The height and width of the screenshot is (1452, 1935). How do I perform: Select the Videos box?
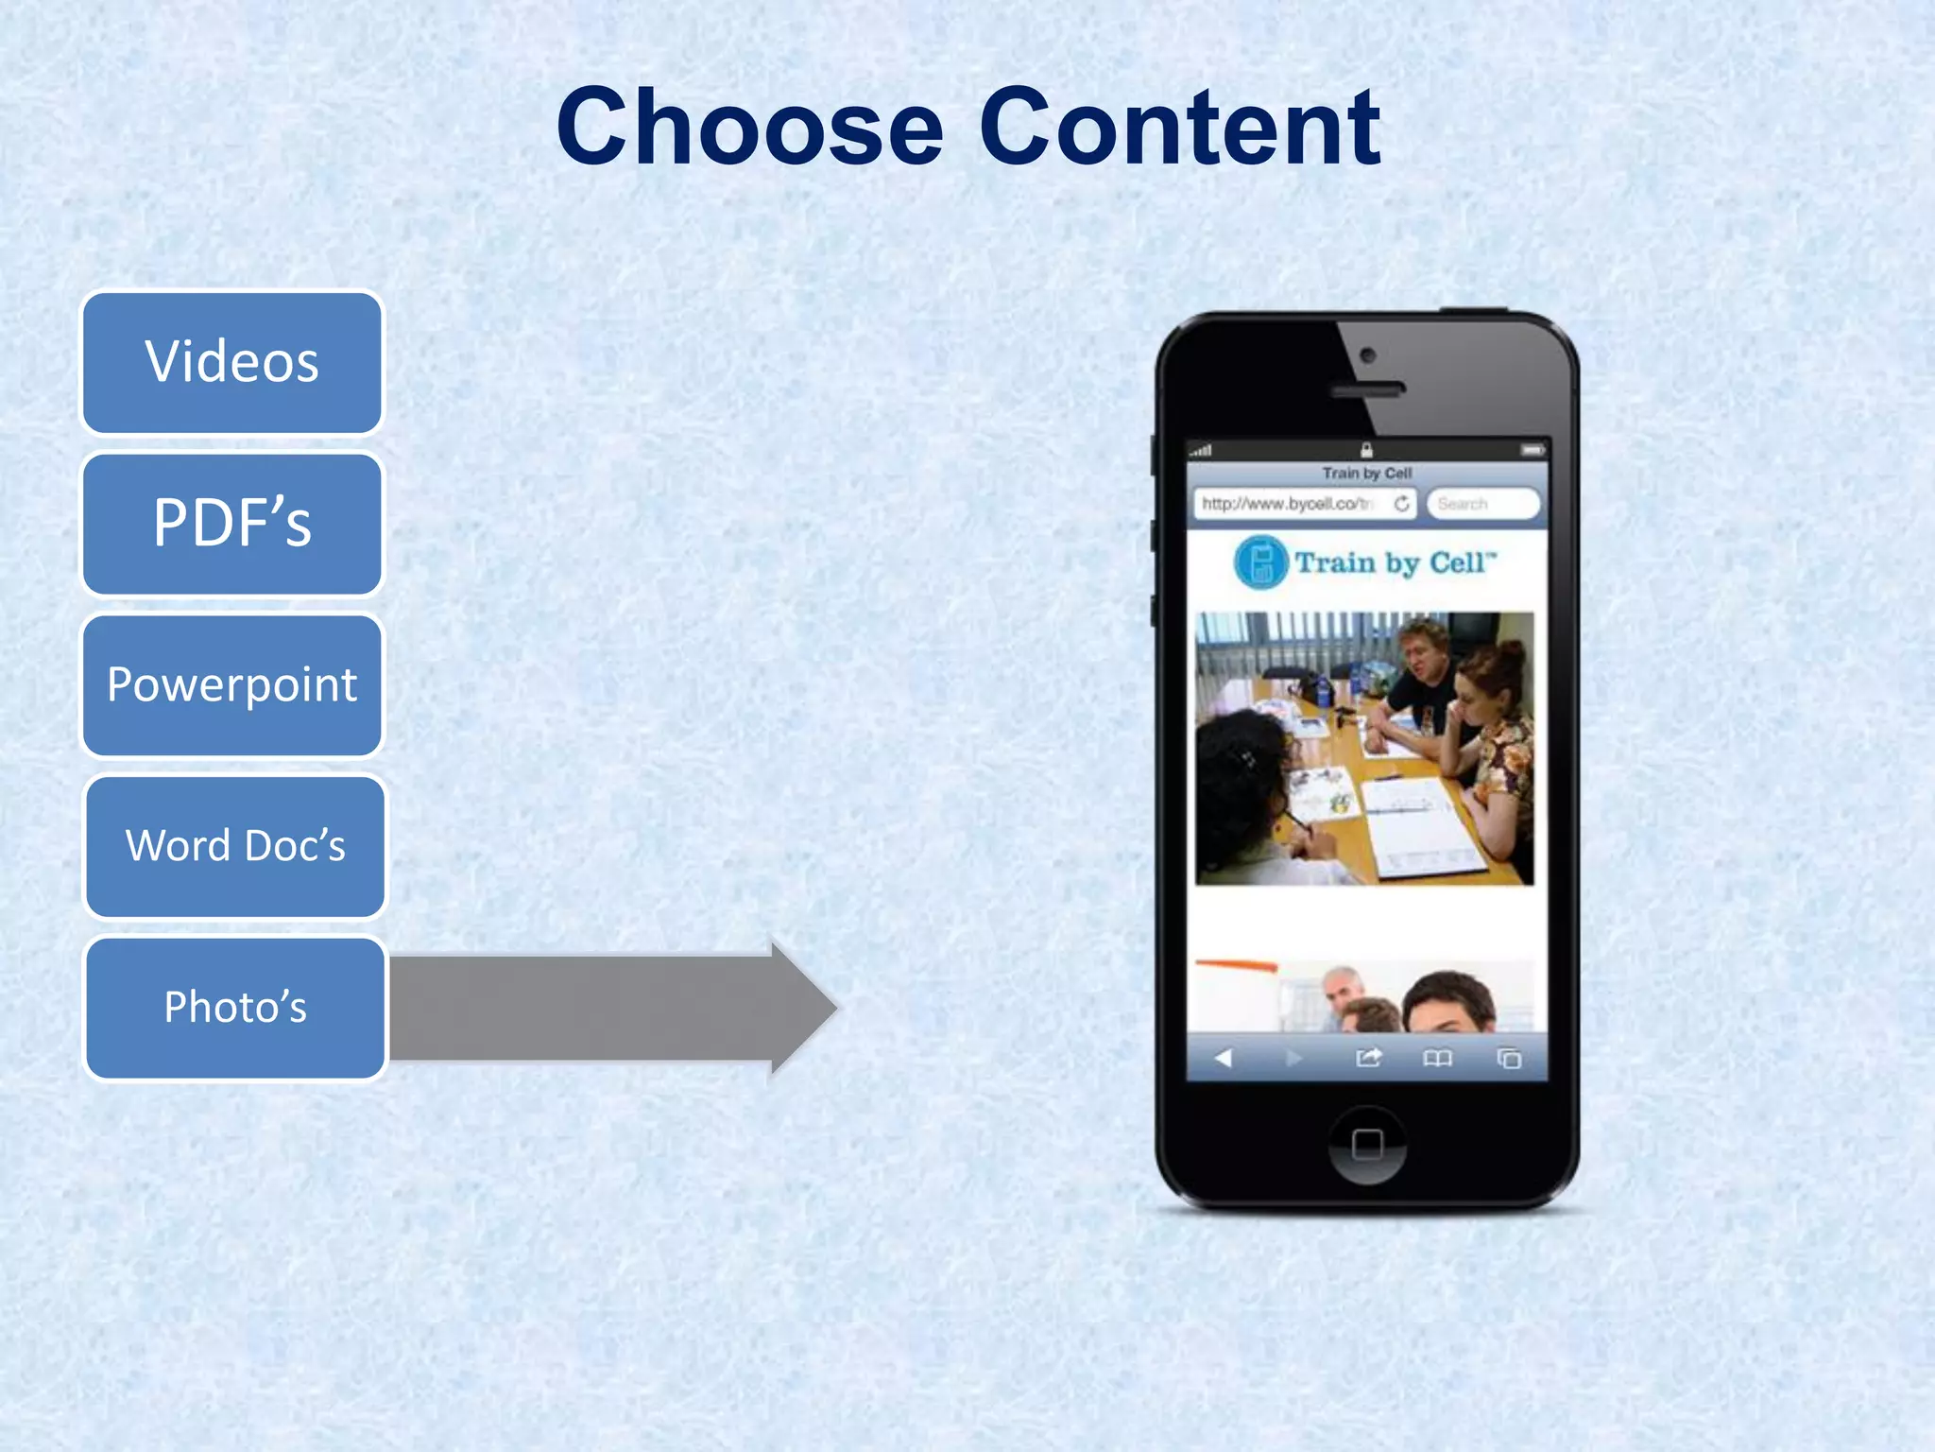click(x=232, y=362)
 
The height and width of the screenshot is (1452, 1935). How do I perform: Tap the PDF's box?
click(x=232, y=524)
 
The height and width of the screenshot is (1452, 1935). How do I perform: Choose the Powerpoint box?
click(x=232, y=684)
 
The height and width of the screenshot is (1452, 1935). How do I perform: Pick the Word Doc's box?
click(x=235, y=846)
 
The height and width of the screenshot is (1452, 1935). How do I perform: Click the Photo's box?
click(x=235, y=1007)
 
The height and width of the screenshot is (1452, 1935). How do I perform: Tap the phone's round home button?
click(x=1367, y=1144)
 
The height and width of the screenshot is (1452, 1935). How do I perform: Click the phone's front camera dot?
click(x=1367, y=356)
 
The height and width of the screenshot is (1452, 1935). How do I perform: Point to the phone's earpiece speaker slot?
click(x=1367, y=389)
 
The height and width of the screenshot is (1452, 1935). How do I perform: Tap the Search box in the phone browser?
click(x=1481, y=504)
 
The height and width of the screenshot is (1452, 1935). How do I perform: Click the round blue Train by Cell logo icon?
click(x=1260, y=562)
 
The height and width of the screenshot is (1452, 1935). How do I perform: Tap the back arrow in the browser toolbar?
click(x=1224, y=1058)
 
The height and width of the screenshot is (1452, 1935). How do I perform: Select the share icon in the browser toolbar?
click(x=1368, y=1058)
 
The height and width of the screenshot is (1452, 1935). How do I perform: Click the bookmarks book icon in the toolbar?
click(x=1437, y=1058)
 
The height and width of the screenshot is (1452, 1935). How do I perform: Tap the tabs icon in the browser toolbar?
click(x=1509, y=1058)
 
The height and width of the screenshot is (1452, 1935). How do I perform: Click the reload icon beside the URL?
click(x=1402, y=504)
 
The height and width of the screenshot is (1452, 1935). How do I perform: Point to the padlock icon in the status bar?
click(x=1366, y=450)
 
